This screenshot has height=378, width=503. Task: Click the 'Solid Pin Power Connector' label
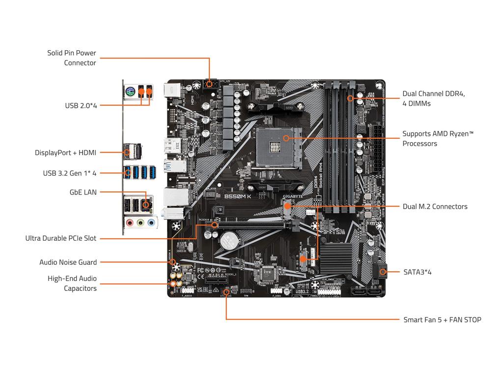72,58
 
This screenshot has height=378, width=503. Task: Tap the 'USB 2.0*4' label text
81,105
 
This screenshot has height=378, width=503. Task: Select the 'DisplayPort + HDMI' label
65,153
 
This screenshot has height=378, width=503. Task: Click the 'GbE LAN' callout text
83,192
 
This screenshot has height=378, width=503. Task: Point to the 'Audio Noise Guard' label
68,262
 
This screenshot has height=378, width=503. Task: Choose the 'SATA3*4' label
417,272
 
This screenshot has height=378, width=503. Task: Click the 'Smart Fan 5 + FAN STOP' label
442,320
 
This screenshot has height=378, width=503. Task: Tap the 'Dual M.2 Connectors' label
435,207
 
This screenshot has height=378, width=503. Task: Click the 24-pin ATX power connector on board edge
377,148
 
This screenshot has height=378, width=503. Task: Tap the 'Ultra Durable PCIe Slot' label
61,238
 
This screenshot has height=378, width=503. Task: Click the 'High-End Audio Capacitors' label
72,283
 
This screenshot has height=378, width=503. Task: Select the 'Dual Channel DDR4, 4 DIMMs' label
433,98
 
